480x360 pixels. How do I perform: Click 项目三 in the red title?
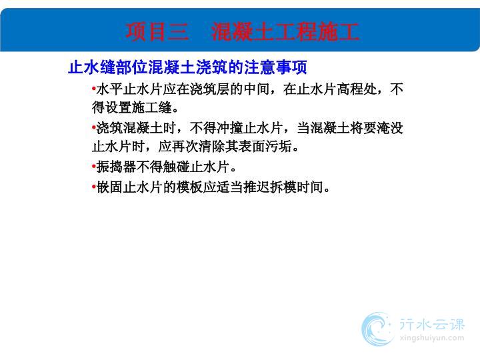coord(157,31)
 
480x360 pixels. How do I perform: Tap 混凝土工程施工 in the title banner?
coord(285,31)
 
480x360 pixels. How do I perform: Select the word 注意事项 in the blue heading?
coord(275,67)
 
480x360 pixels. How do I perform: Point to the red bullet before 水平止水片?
coord(94,89)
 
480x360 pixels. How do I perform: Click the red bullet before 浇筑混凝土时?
coord(94,127)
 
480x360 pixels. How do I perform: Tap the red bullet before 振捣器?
coord(94,167)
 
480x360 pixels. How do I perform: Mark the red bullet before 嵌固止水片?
coord(94,187)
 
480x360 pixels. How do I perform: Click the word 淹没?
coord(390,127)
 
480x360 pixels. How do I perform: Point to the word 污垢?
coord(279,146)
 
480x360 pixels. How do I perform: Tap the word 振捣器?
coord(116,167)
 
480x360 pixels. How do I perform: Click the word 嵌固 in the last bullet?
coord(109,187)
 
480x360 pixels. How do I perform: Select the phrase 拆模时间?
coord(297,187)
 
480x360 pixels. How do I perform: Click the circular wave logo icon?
coord(377,329)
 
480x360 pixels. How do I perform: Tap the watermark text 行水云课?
coord(432,325)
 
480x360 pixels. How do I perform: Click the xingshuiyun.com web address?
coord(432,338)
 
